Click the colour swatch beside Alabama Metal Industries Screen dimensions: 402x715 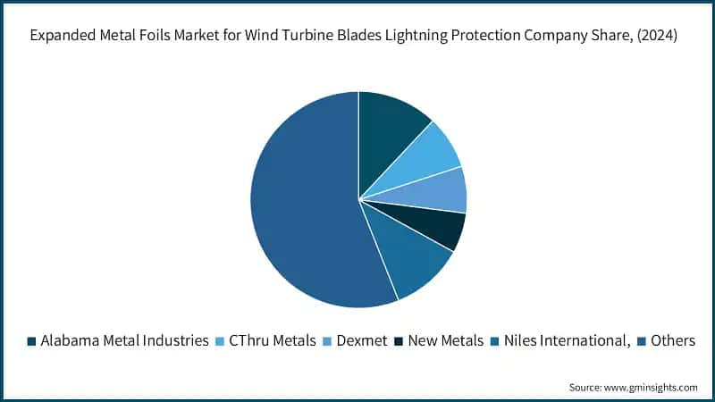point(32,341)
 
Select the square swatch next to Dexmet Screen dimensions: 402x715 point(327,341)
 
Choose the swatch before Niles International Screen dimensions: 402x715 point(494,341)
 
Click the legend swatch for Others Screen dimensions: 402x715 point(641,341)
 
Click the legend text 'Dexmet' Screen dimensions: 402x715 point(361,341)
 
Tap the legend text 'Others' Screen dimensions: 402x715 point(673,341)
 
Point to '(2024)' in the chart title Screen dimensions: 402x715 point(661,37)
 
